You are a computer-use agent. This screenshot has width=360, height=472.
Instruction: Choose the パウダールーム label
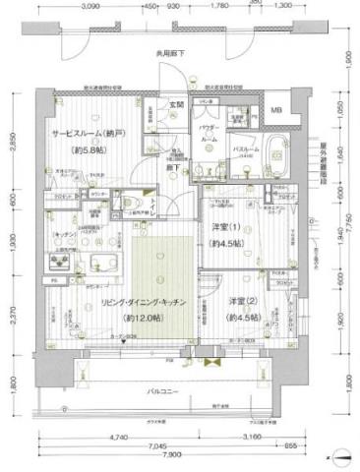209,135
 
